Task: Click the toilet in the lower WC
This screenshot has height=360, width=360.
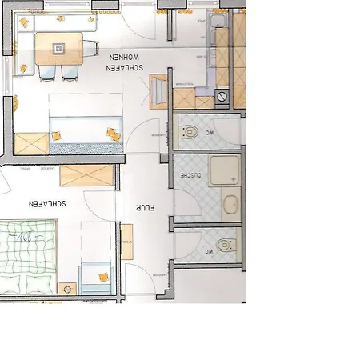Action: [x=224, y=245]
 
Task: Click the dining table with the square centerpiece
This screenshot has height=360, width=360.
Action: [x=58, y=49]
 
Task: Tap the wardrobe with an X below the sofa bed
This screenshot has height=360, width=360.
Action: [x=30, y=144]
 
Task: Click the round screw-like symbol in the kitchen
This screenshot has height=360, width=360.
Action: [x=222, y=96]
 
